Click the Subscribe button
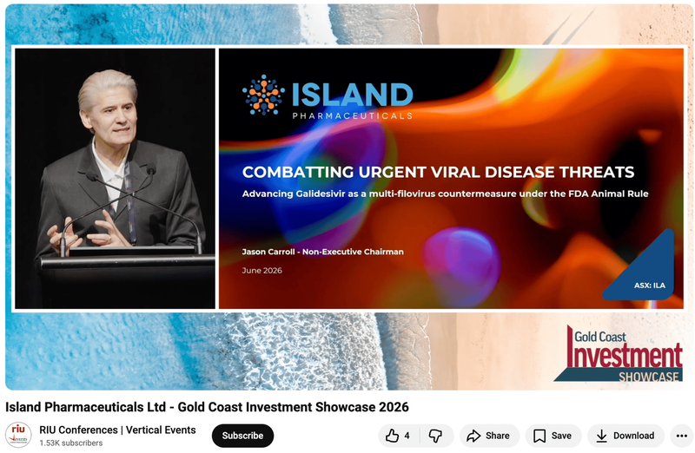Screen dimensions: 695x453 [x=242, y=436]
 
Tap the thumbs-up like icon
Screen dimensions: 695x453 [x=393, y=436]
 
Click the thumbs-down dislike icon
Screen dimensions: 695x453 [x=436, y=436]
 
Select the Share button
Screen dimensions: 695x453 [x=488, y=436]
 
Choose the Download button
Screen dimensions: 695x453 [x=625, y=436]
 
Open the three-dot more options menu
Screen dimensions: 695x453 [x=682, y=436]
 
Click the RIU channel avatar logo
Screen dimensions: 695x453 [x=18, y=435]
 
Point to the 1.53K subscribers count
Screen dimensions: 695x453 [x=71, y=443]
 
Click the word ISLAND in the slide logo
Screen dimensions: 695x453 [x=353, y=95]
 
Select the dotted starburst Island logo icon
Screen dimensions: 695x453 [x=263, y=95]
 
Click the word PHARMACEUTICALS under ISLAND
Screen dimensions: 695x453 [x=353, y=116]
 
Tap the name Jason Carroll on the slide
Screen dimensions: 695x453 [x=268, y=252]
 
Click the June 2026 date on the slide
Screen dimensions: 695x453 [x=262, y=271]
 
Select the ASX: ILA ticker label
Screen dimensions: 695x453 [x=649, y=286]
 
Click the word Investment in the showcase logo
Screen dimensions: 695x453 [x=625, y=355]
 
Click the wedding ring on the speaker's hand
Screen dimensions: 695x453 [x=109, y=240]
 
